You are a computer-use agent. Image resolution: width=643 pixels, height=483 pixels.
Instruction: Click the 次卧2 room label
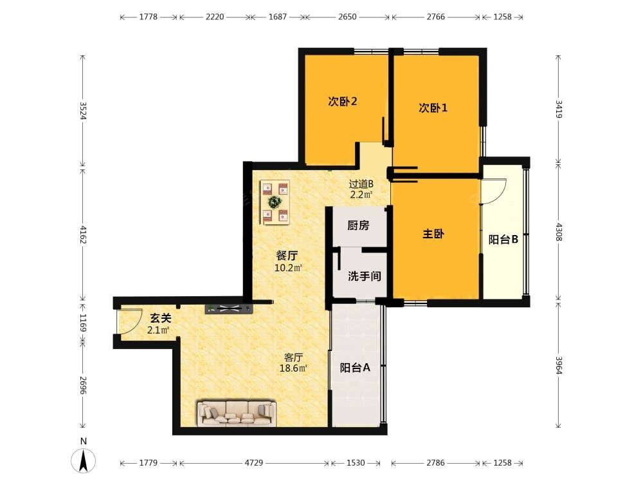pyautogui.click(x=343, y=101)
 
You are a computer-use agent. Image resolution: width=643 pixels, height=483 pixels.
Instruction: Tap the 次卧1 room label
pyautogui.click(x=433, y=108)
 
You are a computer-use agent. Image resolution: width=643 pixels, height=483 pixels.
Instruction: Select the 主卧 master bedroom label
pyautogui.click(x=433, y=234)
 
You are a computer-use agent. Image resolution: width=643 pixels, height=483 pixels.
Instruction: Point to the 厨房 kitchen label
pyautogui.click(x=358, y=225)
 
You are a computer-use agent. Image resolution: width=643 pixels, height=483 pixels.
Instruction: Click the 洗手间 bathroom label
pyautogui.click(x=365, y=276)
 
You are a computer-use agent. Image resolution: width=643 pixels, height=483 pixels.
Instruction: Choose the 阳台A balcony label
pyautogui.click(x=355, y=368)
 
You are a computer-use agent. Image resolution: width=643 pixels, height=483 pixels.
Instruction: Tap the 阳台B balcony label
pyautogui.click(x=503, y=240)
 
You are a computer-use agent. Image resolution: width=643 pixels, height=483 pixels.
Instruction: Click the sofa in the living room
pyautogui.click(x=237, y=413)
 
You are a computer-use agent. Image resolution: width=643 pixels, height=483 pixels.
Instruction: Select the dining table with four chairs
pyautogui.click(x=275, y=202)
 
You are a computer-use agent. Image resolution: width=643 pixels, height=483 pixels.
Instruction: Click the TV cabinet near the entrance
pyautogui.click(x=229, y=309)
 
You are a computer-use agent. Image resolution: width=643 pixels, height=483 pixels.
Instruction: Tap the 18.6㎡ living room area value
pyautogui.click(x=293, y=368)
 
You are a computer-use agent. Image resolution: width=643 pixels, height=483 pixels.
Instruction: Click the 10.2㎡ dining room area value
pyautogui.click(x=288, y=268)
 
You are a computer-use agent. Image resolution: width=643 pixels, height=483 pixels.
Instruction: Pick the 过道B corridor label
pyautogui.click(x=361, y=184)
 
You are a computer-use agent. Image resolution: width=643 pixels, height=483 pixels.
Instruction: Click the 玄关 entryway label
pyautogui.click(x=160, y=318)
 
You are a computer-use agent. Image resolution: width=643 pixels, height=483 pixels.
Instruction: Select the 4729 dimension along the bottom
pyautogui.click(x=254, y=463)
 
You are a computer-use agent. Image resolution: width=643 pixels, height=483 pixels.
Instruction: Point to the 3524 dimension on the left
pyautogui.click(x=83, y=111)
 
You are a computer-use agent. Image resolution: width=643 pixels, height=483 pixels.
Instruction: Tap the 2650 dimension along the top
pyautogui.click(x=347, y=17)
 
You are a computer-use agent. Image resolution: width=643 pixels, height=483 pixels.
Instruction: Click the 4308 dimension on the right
pyautogui.click(x=559, y=232)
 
